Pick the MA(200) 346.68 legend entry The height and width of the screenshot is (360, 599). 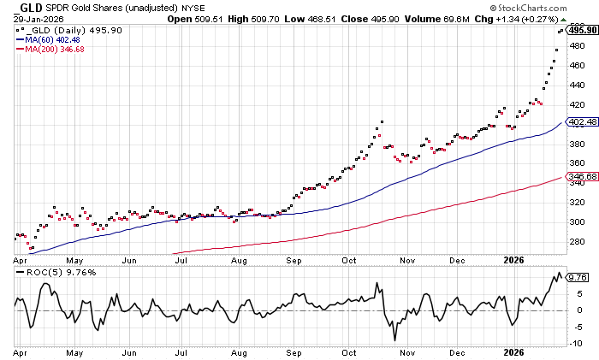pos(56,48)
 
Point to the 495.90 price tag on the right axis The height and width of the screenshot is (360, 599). pos(583,28)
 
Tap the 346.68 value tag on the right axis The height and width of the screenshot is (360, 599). pos(582,176)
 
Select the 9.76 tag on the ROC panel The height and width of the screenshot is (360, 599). pos(578,277)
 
